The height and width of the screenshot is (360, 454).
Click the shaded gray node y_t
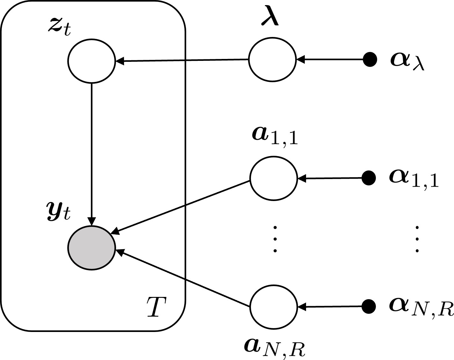92,248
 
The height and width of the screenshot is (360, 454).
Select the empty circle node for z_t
92,61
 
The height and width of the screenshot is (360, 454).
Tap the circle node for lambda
272,59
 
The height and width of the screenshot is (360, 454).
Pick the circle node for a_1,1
273,178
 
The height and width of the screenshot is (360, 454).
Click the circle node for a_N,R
273,306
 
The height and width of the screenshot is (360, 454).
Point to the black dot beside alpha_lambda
370,59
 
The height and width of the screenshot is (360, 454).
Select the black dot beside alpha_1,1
369,178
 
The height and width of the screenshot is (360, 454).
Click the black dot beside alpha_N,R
369,306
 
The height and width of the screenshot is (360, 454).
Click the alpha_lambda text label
407,61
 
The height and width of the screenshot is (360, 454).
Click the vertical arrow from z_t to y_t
92,153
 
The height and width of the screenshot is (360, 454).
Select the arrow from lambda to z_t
182,60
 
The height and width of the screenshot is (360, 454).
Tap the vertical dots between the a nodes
275,239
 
